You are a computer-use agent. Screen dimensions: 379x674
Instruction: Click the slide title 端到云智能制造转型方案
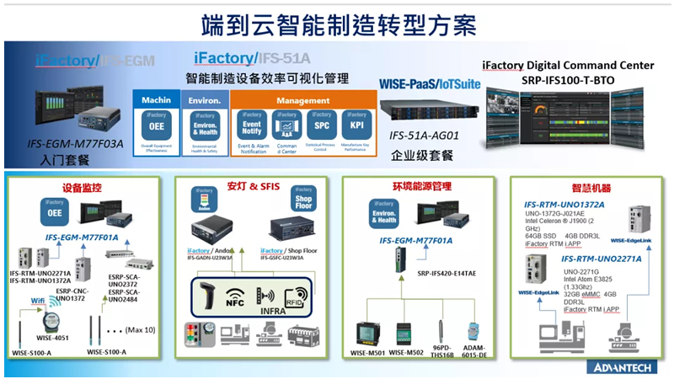(337, 22)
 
